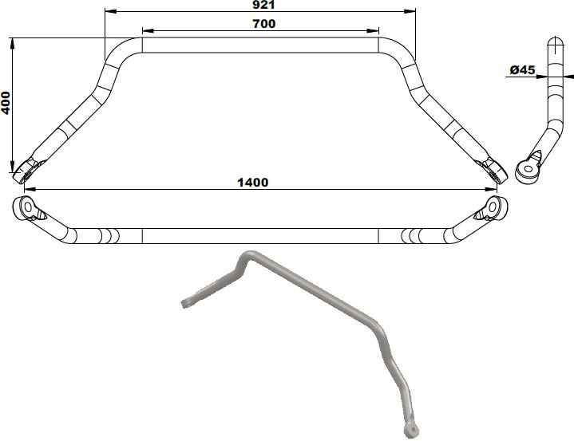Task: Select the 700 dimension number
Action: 263,24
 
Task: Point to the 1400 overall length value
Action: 253,182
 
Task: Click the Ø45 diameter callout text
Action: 521,70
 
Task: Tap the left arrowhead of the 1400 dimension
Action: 29,190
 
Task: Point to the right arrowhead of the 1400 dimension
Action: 493,190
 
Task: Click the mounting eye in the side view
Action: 527,169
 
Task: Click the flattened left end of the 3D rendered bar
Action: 186,302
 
